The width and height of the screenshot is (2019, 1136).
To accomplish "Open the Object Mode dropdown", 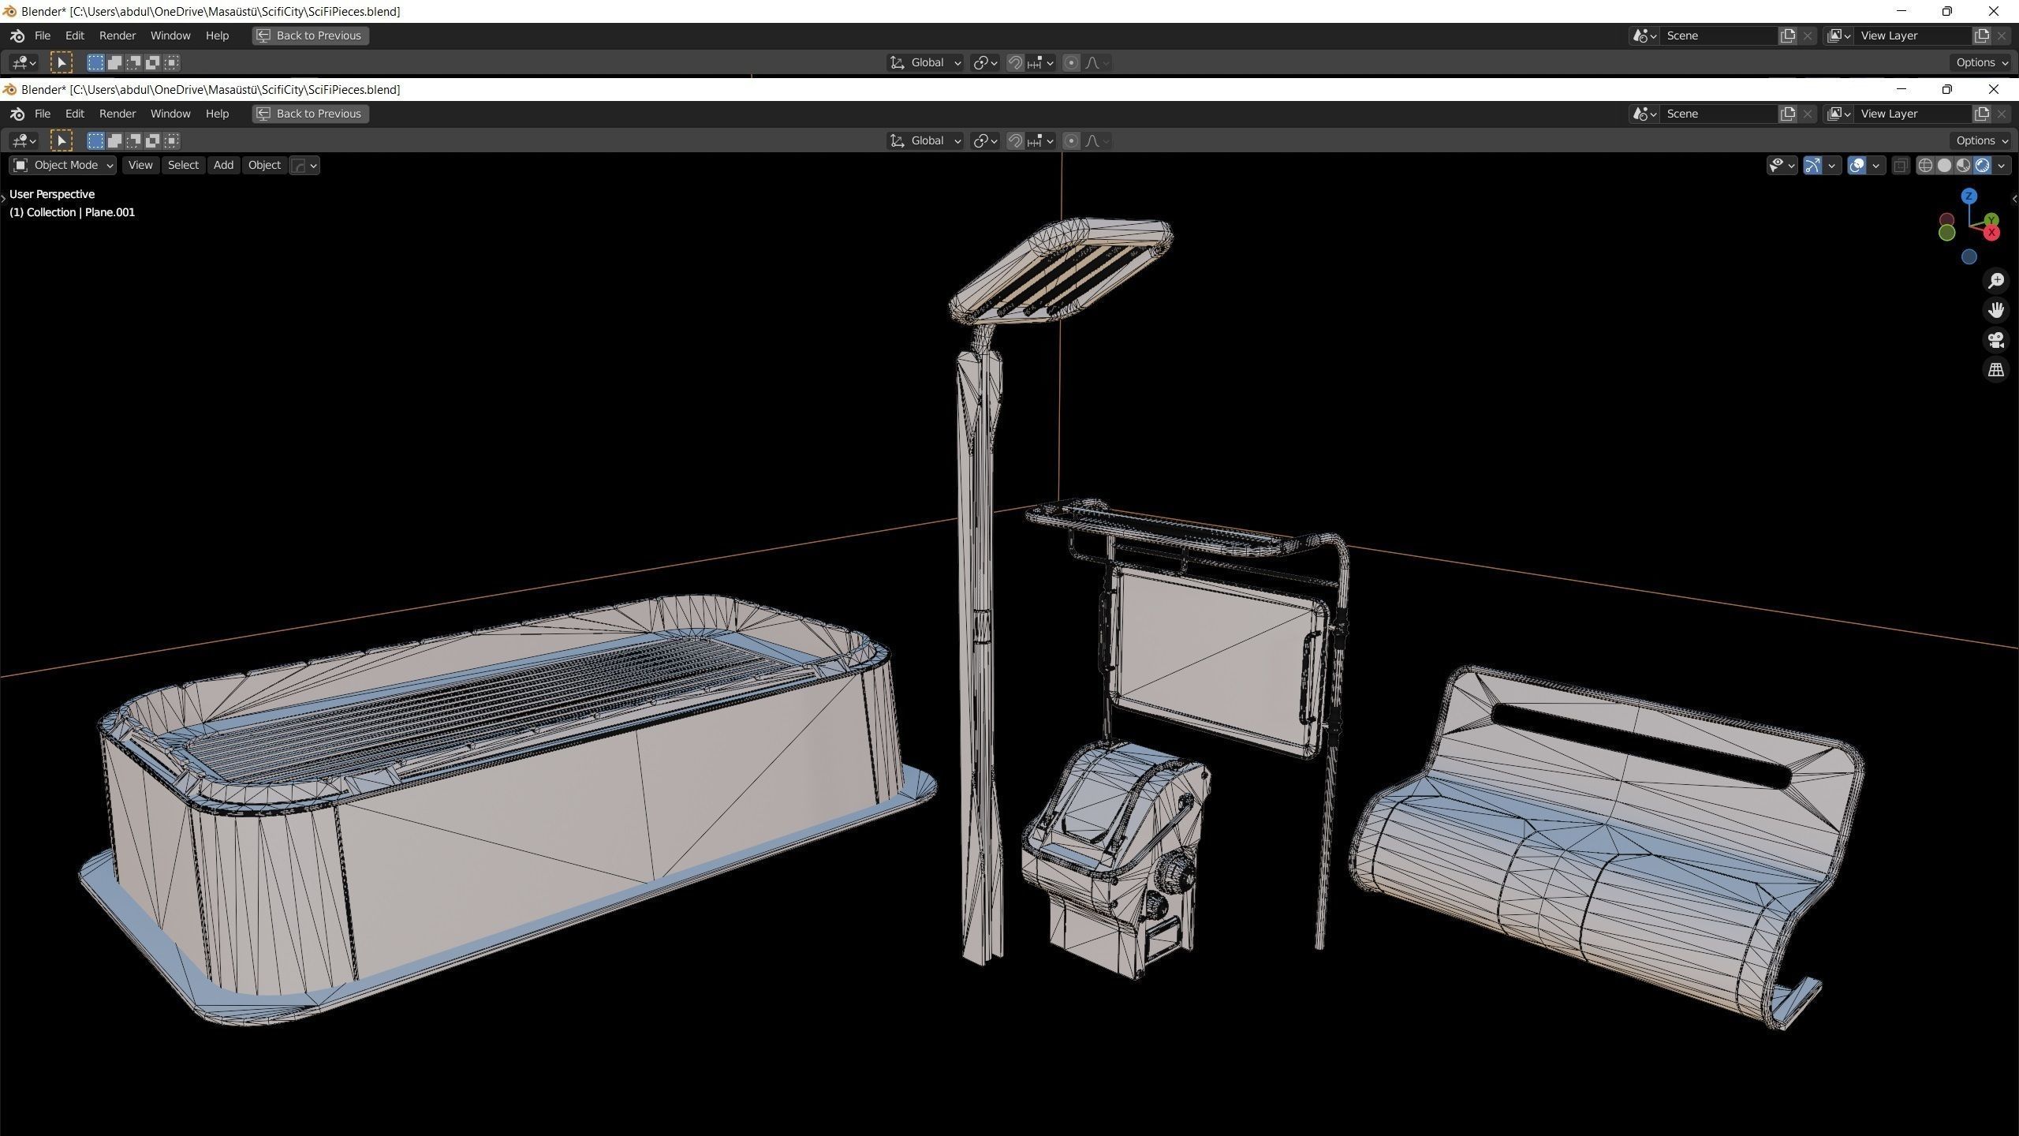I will pyautogui.click(x=63, y=165).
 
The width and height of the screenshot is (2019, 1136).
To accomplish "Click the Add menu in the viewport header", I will pyautogui.click(x=223, y=165).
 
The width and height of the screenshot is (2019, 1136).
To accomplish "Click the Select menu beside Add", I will pyautogui.click(x=183, y=165).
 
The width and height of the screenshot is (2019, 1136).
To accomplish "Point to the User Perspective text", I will pyautogui.click(x=52, y=194).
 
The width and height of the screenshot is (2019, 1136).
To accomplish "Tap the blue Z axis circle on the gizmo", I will pyautogui.click(x=1969, y=196).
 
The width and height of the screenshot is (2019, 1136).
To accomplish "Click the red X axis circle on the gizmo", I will pyautogui.click(x=1992, y=233).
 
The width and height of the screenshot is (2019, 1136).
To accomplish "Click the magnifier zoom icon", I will pyautogui.click(x=1996, y=281).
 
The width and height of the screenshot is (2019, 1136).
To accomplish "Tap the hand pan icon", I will pyautogui.click(x=1996, y=310).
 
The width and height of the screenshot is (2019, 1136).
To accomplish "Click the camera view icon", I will pyautogui.click(x=1996, y=340).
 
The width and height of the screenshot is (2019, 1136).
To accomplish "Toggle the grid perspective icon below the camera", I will pyautogui.click(x=1996, y=369).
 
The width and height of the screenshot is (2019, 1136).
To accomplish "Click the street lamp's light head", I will pyautogui.click(x=1061, y=268).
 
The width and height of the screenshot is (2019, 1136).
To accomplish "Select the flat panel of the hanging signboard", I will pyautogui.click(x=1215, y=655).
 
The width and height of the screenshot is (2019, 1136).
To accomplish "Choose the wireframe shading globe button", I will pyautogui.click(x=1925, y=165).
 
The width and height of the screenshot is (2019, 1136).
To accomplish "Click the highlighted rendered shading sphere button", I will pyautogui.click(x=1982, y=165).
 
